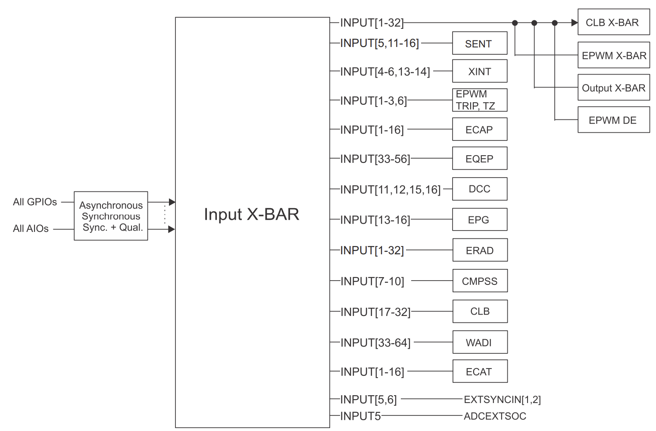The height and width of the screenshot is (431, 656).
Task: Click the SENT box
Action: (479, 43)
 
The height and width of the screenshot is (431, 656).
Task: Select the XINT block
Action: (479, 71)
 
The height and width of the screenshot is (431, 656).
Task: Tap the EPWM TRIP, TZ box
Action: (479, 100)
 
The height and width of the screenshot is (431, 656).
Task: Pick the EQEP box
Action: (479, 159)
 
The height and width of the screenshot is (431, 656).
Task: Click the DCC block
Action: (479, 189)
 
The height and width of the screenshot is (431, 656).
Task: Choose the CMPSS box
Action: (480, 281)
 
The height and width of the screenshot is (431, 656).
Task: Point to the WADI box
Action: (480, 342)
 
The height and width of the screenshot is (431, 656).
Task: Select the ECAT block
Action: (480, 372)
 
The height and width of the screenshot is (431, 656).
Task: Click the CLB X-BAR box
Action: (613, 22)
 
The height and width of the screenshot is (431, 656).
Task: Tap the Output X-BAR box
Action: (613, 88)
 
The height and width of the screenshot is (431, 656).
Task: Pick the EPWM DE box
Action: (613, 120)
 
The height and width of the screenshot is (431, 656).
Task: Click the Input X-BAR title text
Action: (251, 214)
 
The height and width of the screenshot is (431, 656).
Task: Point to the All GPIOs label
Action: (35, 202)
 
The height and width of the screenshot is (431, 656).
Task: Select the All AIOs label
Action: (31, 228)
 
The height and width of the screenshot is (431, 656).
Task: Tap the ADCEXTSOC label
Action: (495, 416)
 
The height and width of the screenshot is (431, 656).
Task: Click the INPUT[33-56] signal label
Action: (375, 159)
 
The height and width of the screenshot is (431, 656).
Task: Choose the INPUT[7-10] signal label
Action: (372, 281)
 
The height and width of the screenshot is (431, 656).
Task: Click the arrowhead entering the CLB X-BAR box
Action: (575, 23)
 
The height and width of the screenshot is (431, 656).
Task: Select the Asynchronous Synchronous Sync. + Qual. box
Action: (111, 216)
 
